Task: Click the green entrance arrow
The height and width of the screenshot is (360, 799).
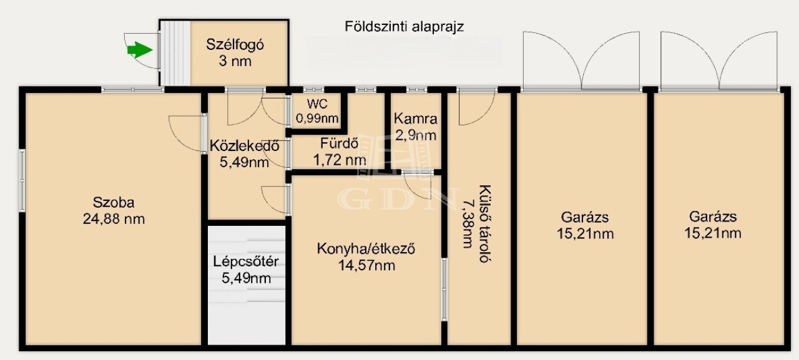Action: click(x=140, y=50)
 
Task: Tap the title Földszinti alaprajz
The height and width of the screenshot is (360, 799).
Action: click(x=404, y=27)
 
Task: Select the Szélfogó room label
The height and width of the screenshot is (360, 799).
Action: click(x=235, y=45)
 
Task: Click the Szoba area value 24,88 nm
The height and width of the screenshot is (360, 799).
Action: click(x=114, y=219)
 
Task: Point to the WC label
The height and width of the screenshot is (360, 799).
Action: click(x=317, y=104)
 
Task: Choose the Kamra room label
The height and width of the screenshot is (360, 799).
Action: click(x=416, y=119)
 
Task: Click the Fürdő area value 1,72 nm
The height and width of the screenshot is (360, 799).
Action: click(x=340, y=160)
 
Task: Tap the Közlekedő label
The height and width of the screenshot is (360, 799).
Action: click(x=244, y=146)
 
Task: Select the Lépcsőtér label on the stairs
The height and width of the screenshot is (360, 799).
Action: click(x=246, y=261)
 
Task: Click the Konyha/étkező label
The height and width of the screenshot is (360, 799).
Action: click(x=366, y=249)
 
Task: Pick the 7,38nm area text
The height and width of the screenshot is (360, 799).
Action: click(x=468, y=223)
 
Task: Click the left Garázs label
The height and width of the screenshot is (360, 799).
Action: click(x=585, y=217)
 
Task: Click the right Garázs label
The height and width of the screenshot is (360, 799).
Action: click(x=713, y=216)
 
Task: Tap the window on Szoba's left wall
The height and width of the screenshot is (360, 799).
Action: click(x=22, y=180)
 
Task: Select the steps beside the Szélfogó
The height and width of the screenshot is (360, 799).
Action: click(x=175, y=53)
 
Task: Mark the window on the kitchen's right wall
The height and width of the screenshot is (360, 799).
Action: click(x=444, y=289)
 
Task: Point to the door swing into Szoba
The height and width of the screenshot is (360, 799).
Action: click(x=186, y=133)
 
